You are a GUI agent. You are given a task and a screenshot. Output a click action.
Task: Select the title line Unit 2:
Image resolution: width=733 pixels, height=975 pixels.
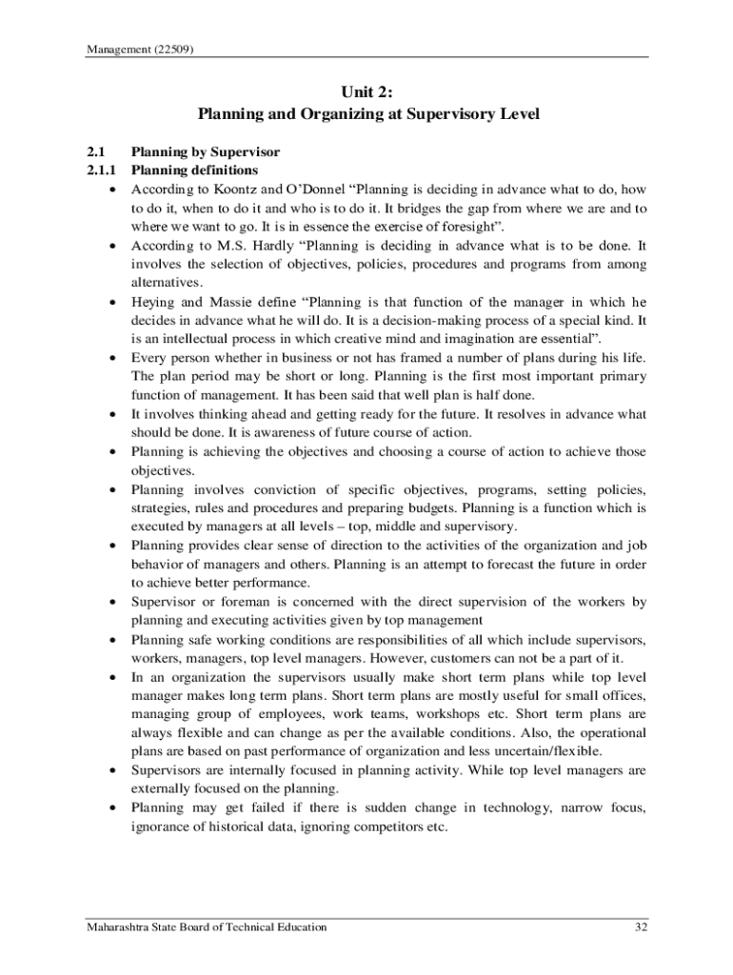(x=367, y=92)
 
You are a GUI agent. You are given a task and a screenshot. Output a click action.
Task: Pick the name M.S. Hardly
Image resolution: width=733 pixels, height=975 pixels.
(x=228, y=246)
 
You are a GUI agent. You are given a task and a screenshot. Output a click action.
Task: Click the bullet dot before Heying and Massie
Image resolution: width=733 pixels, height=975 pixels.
(x=112, y=302)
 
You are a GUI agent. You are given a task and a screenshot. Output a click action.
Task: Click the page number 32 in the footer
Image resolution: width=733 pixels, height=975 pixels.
(x=640, y=927)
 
